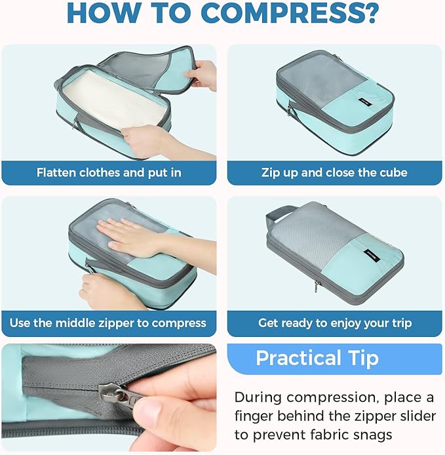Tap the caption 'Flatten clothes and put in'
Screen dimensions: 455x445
(109, 173)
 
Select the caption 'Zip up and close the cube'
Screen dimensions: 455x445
(334, 173)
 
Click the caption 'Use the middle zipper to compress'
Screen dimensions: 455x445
(108, 323)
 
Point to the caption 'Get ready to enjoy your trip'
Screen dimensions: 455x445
(334, 323)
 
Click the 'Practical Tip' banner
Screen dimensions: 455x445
(317, 359)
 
